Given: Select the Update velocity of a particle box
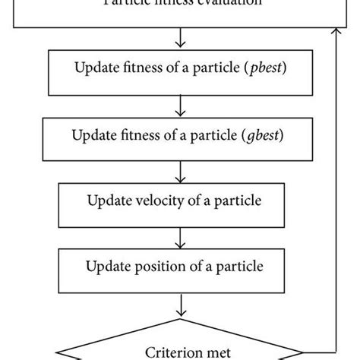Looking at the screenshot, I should click(x=179, y=201).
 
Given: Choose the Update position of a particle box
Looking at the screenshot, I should click(x=179, y=267).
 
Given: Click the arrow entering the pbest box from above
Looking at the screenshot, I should click(x=180, y=38).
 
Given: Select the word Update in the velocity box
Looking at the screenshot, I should click(x=110, y=201).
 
